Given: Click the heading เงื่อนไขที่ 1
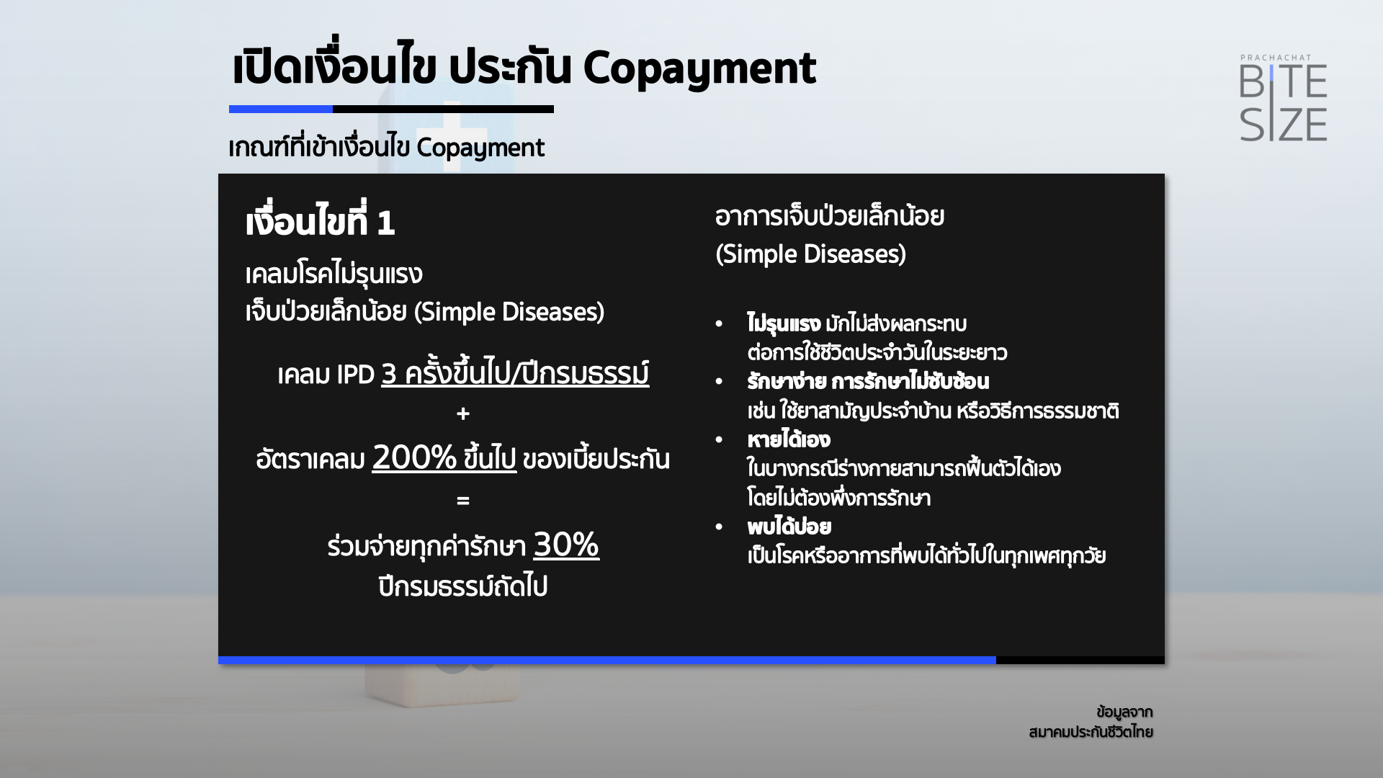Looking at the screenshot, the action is [320, 220].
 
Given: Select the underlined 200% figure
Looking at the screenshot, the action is [414, 457].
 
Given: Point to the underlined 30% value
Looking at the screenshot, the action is [566, 545].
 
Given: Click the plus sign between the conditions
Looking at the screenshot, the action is [463, 413].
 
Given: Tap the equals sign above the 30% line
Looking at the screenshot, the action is [463, 500].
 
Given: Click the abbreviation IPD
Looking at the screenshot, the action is [355, 375].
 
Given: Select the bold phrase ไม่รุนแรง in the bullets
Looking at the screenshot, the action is [784, 323].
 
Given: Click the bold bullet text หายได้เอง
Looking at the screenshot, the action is [789, 439].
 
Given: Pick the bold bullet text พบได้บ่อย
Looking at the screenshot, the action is [789, 527].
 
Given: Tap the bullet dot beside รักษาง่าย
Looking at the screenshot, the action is [719, 382].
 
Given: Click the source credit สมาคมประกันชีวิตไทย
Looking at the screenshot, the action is [1091, 732].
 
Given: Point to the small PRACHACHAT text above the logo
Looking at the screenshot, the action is [1276, 58].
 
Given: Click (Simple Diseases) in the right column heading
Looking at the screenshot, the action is [810, 254].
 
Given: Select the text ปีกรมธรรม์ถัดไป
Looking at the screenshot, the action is [463, 586].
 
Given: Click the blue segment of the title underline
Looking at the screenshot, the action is [281, 109].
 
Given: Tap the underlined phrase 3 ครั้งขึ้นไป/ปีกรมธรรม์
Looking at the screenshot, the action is [515, 373].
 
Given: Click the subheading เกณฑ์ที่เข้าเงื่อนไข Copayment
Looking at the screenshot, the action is [387, 147].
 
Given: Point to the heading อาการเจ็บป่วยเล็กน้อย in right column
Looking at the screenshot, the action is [830, 216].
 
